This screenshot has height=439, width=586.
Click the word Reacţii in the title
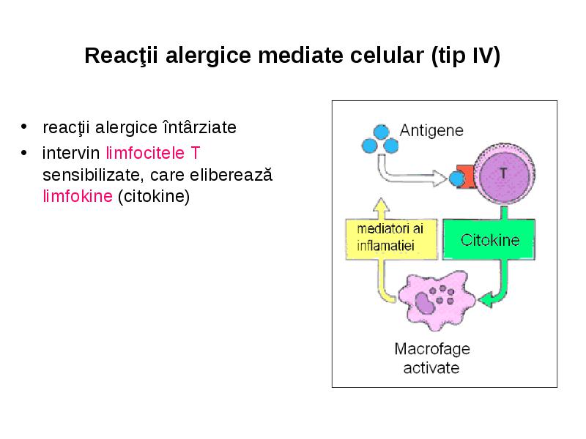[121, 56]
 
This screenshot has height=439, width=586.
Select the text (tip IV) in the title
[465, 56]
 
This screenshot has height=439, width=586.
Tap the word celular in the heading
[387, 56]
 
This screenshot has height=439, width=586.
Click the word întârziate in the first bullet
[199, 127]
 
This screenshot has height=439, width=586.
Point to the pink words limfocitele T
[153, 153]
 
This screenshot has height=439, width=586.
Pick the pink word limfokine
[78, 196]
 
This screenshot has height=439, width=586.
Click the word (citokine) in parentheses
[154, 197]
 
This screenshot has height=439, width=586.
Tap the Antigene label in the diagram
[431, 131]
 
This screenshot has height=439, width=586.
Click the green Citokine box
[489, 239]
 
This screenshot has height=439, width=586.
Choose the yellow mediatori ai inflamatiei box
[391, 239]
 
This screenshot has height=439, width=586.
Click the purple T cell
[504, 174]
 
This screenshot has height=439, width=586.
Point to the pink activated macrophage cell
[436, 300]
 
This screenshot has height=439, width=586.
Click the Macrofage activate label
[432, 359]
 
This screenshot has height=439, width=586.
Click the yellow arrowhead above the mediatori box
[381, 206]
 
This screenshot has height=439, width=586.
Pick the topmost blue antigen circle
[381, 132]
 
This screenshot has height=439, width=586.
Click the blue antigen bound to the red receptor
[456, 179]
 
